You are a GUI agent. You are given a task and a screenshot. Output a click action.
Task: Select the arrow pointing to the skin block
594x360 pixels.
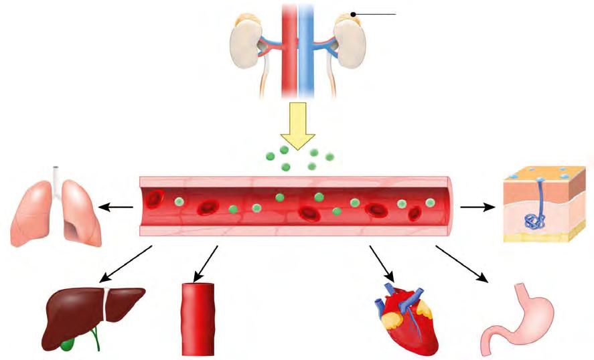pyautogui.click(x=476, y=207)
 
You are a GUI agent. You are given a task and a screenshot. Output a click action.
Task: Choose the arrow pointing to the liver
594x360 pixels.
pyautogui.click(x=127, y=264)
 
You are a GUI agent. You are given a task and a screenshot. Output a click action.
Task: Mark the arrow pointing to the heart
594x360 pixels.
pyautogui.click(x=380, y=264)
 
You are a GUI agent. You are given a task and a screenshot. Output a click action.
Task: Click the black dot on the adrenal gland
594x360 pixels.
pyautogui.click(x=352, y=14)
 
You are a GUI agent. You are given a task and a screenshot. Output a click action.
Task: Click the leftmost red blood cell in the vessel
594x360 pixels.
pyautogui.click(x=155, y=199)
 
